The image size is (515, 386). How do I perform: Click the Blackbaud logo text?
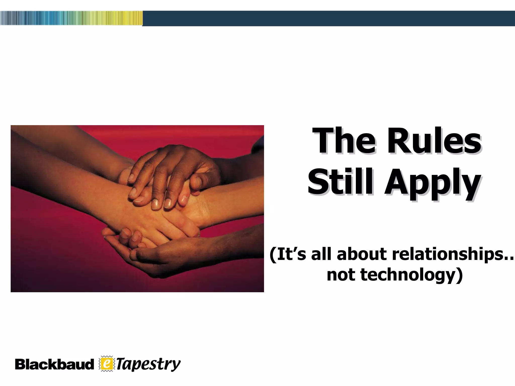[x=54, y=364]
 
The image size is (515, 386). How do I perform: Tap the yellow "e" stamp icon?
[x=107, y=364]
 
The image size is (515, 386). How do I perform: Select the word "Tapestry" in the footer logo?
[x=148, y=364]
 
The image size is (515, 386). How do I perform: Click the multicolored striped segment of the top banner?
[x=71, y=18]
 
